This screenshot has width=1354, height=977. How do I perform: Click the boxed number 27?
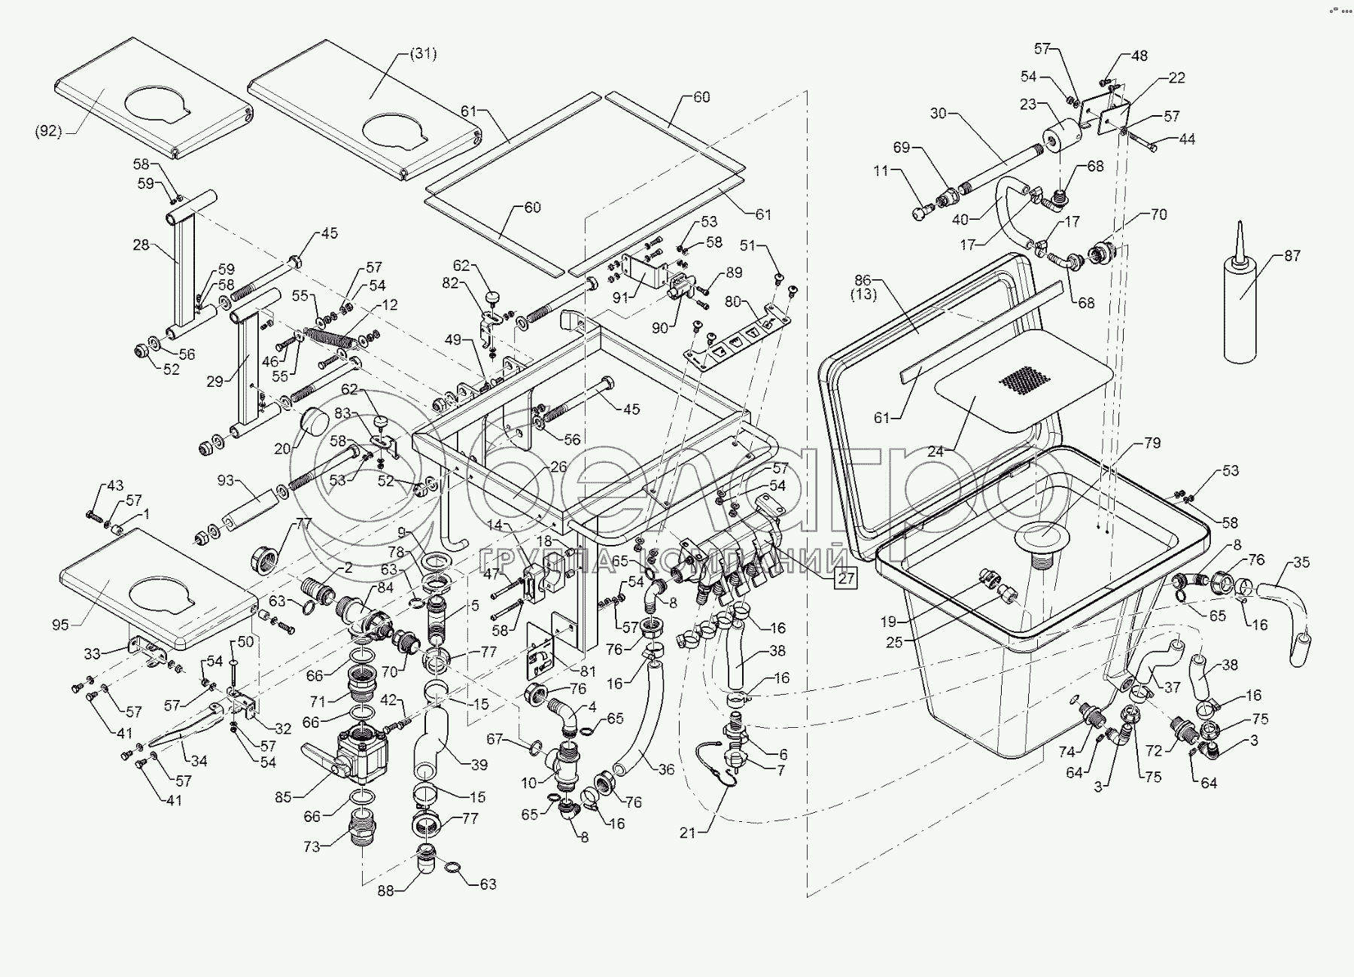pyautogui.click(x=847, y=578)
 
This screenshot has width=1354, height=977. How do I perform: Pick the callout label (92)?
pyautogui.click(x=48, y=131)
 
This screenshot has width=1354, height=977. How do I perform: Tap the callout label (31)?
pyautogui.click(x=423, y=54)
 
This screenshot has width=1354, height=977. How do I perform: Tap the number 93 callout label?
pyautogui.click(x=226, y=480)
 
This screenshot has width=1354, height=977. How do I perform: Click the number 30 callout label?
pyautogui.click(x=938, y=114)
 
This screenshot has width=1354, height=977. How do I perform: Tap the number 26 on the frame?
pyautogui.click(x=558, y=467)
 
